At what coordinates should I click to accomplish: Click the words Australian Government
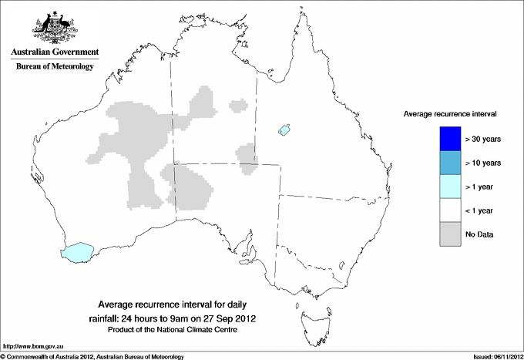[x=55, y=52]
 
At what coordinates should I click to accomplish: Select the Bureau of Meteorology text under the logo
[x=55, y=67]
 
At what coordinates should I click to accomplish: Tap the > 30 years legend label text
[x=483, y=139]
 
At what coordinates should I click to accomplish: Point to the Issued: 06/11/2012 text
[x=492, y=355]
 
